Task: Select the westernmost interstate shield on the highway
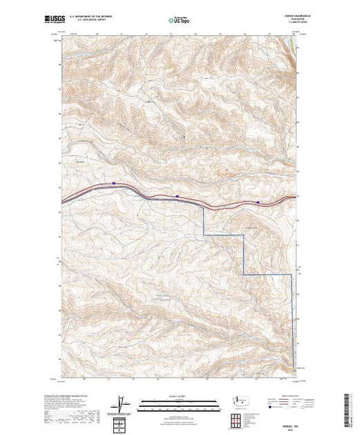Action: point(114,183)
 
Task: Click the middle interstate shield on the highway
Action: point(178,196)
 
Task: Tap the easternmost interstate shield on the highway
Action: point(258,202)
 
